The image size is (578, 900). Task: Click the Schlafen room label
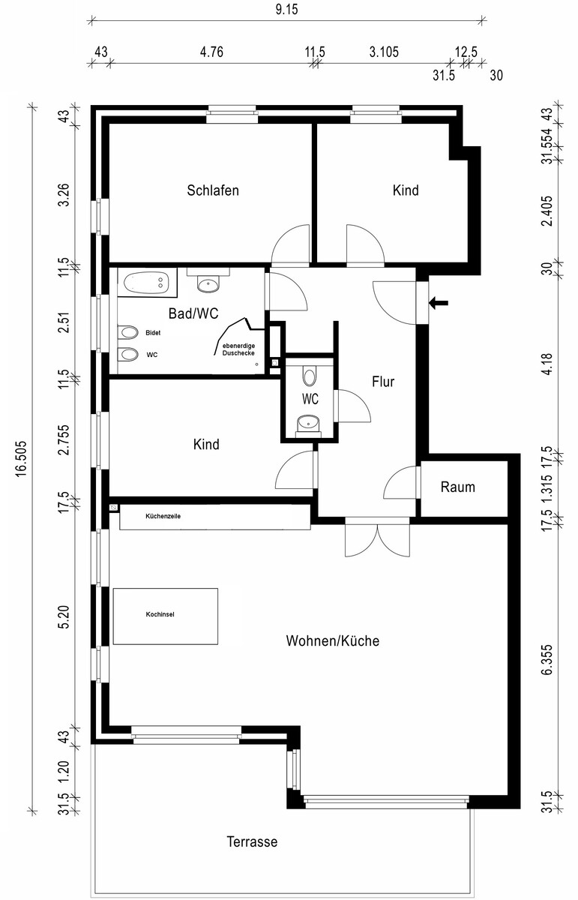pos(213,190)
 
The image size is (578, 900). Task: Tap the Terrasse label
pos(252,841)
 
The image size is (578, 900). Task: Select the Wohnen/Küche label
pos(333,640)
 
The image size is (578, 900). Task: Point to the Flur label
pos(383,382)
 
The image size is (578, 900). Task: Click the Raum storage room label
pos(458,487)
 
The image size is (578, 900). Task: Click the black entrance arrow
pos(439,303)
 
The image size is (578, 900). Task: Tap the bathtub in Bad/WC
pos(147,283)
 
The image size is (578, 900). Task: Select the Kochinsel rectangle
pos(166,616)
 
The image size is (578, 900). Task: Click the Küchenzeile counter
pos(215,517)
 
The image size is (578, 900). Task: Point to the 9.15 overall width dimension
pos(287,10)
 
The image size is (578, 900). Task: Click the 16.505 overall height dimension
pos(20,459)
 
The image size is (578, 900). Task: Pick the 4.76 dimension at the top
pos(211,52)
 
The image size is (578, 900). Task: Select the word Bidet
pos(153,333)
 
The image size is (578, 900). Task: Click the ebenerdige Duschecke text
pos(238,349)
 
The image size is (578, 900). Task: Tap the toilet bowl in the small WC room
pos(310,376)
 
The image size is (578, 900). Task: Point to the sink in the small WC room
pos(308,423)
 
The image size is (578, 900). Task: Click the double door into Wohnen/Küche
pos(378,537)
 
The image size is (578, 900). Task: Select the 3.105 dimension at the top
pos(384,52)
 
